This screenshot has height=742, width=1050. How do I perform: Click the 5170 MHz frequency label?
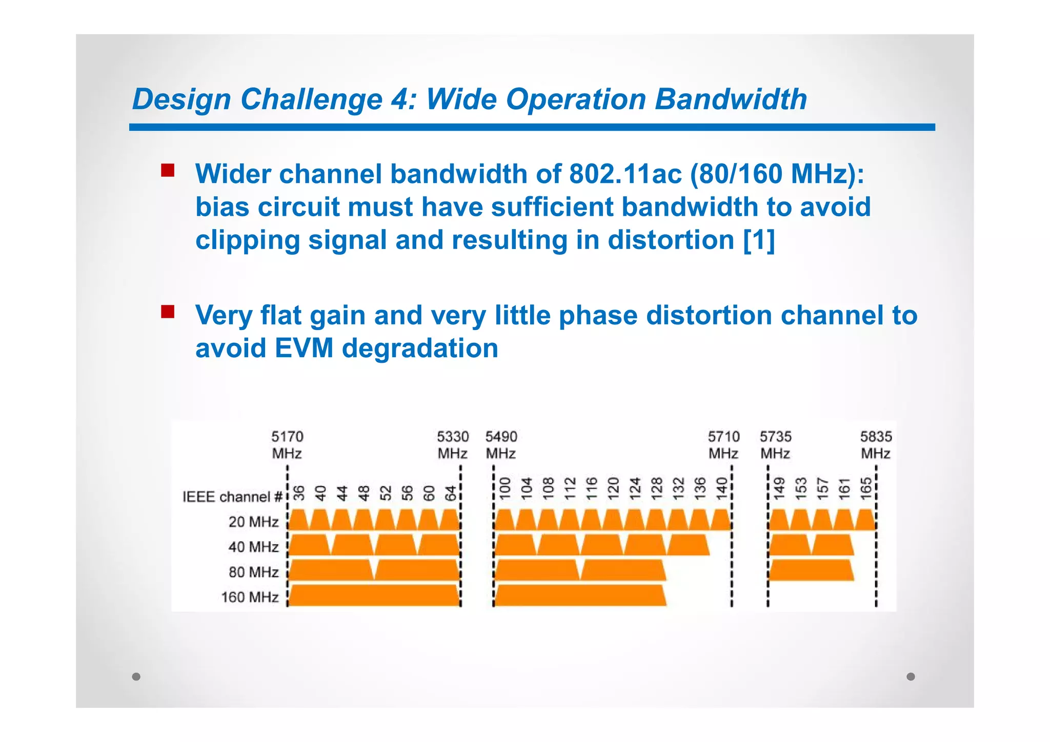click(287, 445)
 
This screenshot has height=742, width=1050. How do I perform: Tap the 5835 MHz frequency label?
click(876, 445)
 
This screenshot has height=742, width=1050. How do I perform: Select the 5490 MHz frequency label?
click(501, 445)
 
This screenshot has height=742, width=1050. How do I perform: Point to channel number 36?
click(299, 493)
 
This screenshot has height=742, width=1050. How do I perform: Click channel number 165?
click(866, 489)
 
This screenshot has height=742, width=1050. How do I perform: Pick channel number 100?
click(505, 489)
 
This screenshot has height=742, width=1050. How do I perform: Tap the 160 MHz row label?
click(250, 597)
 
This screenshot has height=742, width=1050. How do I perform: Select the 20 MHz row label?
click(253, 522)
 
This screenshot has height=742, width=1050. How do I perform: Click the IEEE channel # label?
click(232, 497)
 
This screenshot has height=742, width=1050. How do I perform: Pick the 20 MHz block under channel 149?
click(779, 520)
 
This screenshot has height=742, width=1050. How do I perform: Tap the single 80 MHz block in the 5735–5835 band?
click(811, 570)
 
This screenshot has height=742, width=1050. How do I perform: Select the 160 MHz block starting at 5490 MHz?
click(579, 595)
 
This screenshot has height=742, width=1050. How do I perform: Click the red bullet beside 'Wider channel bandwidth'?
click(168, 170)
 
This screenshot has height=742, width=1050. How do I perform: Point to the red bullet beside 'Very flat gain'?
click(168, 312)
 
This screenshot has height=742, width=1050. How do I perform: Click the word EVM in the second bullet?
click(304, 348)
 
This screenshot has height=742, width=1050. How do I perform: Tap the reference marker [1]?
click(759, 240)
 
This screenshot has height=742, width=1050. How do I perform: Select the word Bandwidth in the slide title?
click(731, 99)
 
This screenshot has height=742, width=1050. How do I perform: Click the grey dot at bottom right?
click(911, 676)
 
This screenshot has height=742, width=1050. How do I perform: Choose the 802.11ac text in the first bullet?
click(625, 174)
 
